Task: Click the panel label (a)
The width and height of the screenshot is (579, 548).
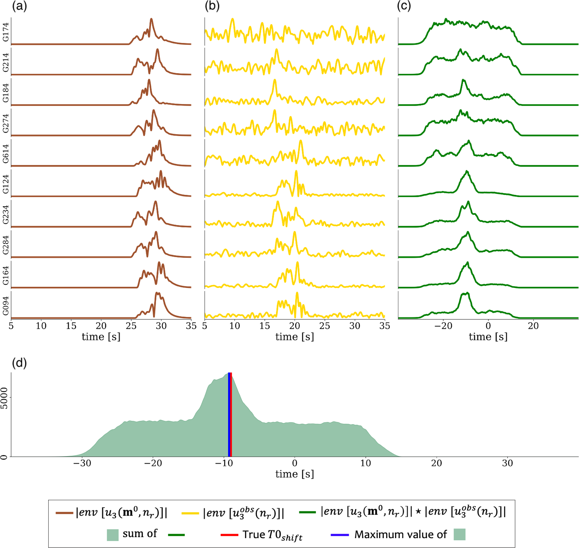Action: point(19,7)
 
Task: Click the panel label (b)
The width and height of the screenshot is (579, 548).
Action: point(212,7)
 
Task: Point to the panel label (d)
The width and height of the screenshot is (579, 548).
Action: point(19,363)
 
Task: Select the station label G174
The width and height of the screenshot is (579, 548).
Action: point(6,32)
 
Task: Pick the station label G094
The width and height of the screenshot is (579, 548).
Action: point(6,306)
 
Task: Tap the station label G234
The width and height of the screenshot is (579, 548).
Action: point(6,214)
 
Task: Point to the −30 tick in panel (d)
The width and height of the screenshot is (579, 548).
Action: point(82,463)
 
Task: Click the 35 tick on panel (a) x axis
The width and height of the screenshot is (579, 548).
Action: point(191,326)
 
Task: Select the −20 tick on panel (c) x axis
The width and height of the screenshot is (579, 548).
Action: point(443,326)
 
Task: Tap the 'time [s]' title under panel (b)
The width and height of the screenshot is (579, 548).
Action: point(295,337)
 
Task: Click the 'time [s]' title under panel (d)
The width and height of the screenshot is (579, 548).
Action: point(295,474)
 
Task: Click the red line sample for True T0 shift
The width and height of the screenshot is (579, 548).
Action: point(229,535)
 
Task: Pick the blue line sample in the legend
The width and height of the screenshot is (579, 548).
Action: point(340,535)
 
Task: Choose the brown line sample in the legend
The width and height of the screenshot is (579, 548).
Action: point(64,513)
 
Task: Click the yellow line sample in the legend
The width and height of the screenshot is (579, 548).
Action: point(190,513)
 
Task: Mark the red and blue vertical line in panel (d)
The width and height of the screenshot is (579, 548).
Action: point(230,414)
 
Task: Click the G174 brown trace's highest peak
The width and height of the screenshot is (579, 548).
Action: point(151,19)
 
